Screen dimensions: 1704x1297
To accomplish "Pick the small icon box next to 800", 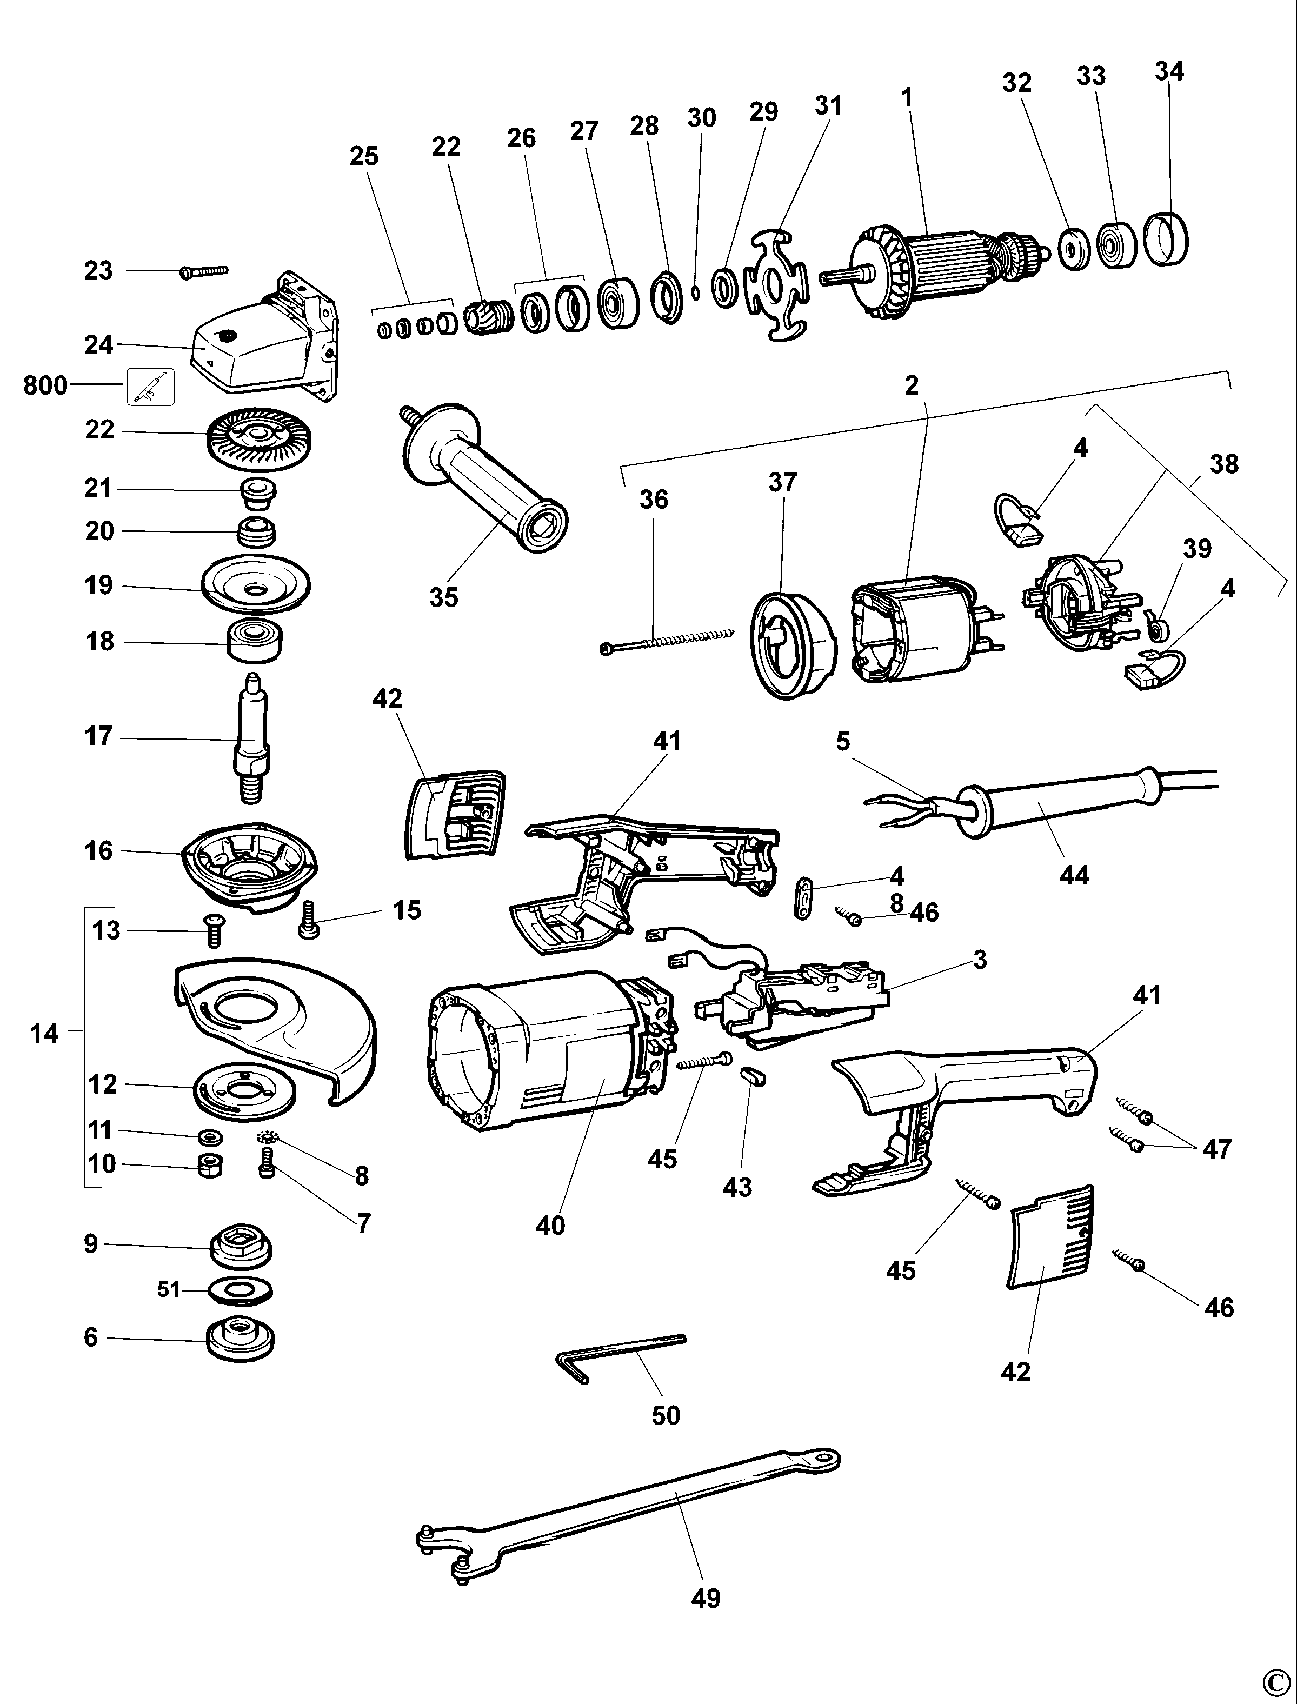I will [150, 386].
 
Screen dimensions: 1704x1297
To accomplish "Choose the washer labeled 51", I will [240, 1289].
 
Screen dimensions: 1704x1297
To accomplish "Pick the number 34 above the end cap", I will [1169, 71].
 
